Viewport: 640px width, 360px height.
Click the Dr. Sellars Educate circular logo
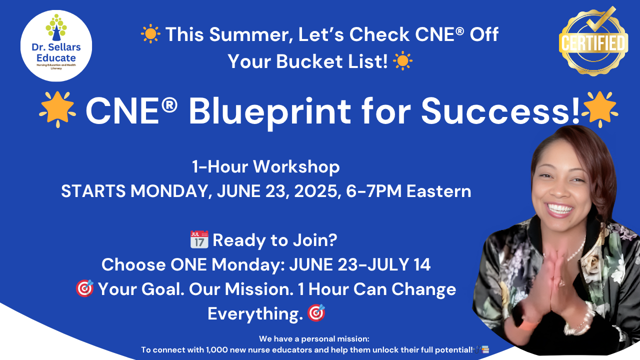point(56,45)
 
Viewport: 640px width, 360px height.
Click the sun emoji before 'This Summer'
point(150,34)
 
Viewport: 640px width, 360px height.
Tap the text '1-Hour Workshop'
point(266,167)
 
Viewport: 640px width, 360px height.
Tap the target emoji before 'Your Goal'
point(84,289)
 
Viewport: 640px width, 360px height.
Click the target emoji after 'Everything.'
point(316,313)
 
